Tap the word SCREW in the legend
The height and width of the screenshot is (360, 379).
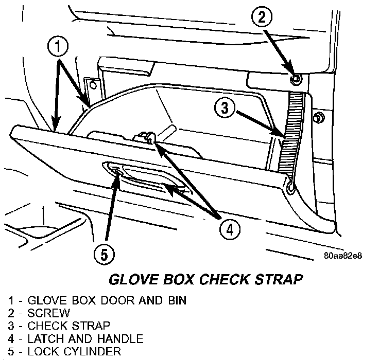click(48, 313)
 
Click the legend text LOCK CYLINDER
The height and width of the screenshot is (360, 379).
click(75, 352)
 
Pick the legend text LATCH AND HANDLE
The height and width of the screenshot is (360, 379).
click(85, 339)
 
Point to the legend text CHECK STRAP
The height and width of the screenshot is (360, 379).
click(69, 326)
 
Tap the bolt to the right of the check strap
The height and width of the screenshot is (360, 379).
click(318, 118)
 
